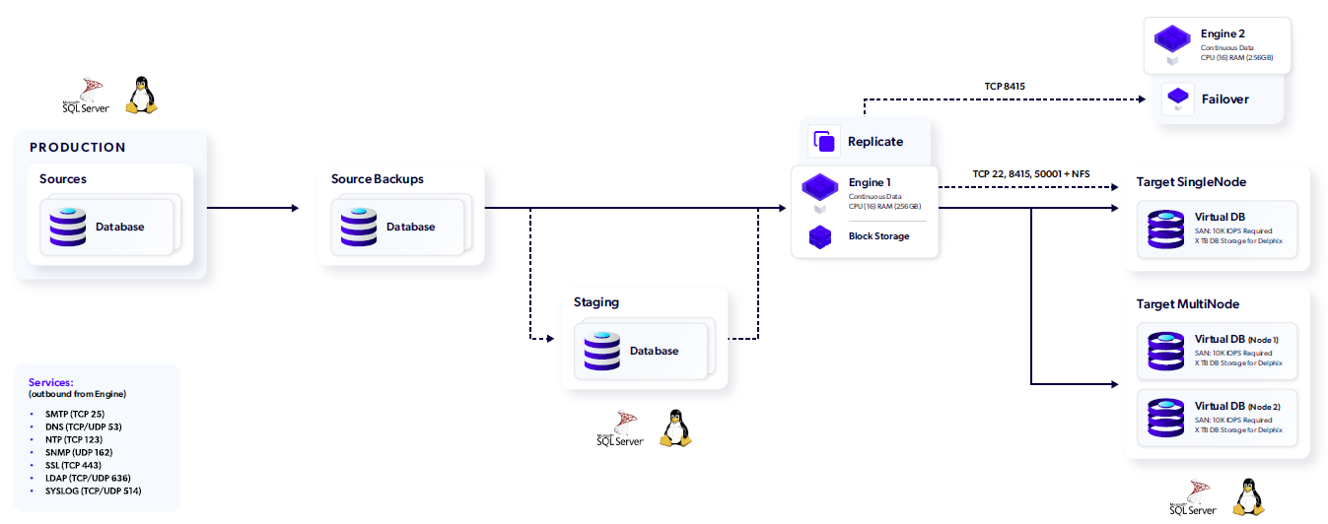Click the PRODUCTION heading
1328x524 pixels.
click(x=78, y=148)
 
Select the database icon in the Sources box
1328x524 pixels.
click(x=68, y=227)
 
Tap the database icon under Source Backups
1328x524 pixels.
click(x=359, y=227)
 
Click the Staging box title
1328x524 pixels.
click(x=596, y=301)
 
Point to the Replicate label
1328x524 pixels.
click(x=875, y=142)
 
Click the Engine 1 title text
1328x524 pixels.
click(x=870, y=183)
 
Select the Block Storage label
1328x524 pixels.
click(x=878, y=236)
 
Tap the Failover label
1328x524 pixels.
click(x=1225, y=99)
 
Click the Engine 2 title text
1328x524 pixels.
click(x=1223, y=34)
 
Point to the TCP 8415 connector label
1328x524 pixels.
click(x=1005, y=87)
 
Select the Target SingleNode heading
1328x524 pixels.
click(x=1191, y=182)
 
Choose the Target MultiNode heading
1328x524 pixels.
click(x=1188, y=304)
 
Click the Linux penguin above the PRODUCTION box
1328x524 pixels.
click(x=142, y=96)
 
